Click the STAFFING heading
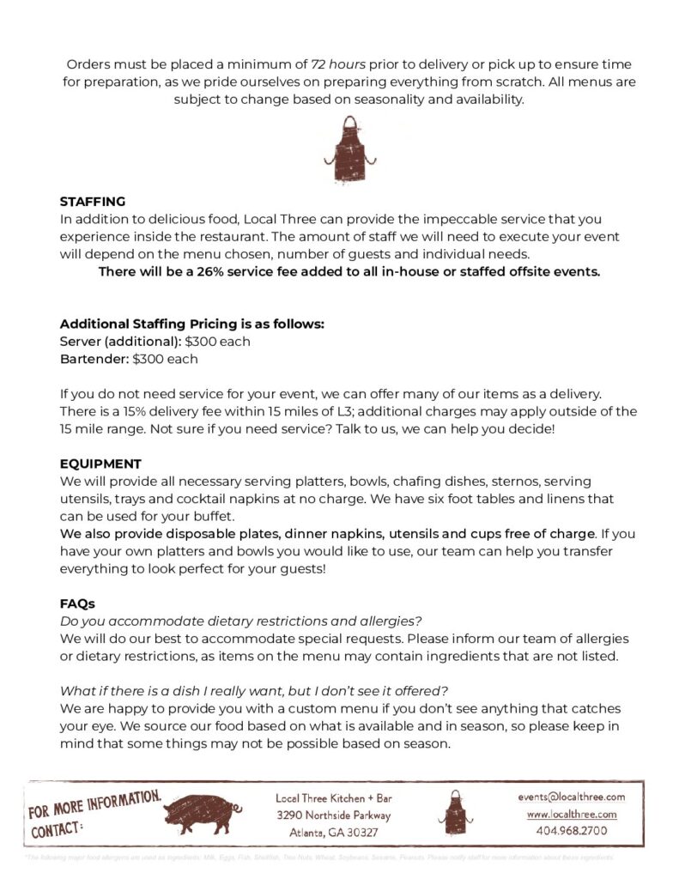tap(92, 202)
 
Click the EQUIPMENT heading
tap(100, 464)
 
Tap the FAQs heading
tap(77, 603)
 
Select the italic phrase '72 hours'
tap(340, 64)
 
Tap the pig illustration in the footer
tap(203, 812)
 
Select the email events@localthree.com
tap(571, 797)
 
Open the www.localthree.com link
tap(571, 814)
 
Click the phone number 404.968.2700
tap(571, 831)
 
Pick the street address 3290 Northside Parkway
tap(333, 815)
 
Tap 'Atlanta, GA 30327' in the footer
tap(333, 832)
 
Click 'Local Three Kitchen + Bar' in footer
tap(333, 797)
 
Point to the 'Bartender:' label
tap(94, 359)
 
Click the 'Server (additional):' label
tap(120, 342)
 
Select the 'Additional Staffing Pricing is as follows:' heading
tap(191, 324)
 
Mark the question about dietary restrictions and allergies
tap(241, 621)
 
